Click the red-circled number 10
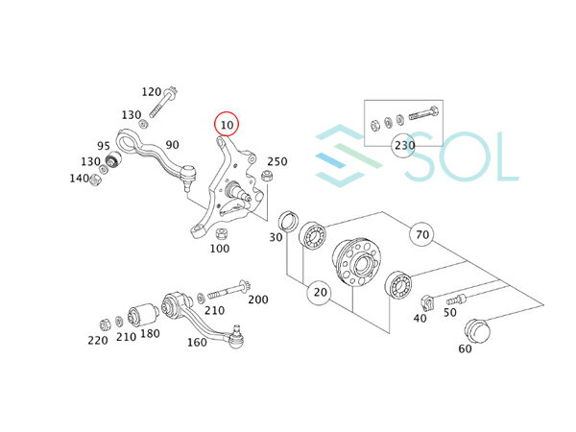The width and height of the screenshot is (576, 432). [227, 124]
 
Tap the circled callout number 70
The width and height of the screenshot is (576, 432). [422, 234]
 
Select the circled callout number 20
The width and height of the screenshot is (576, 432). [320, 292]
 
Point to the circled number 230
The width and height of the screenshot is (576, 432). [404, 145]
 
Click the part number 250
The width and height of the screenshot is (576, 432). [277, 161]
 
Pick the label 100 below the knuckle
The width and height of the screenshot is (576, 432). [220, 249]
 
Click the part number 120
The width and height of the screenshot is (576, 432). [152, 91]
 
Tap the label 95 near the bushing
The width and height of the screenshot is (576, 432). [104, 146]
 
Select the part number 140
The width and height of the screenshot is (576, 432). [80, 179]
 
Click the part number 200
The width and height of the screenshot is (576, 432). [258, 300]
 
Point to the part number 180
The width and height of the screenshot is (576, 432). [150, 333]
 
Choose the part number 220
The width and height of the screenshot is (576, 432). [98, 340]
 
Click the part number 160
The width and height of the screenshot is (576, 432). [197, 343]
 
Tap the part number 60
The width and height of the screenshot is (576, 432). [465, 348]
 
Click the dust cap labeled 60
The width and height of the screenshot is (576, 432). [477, 330]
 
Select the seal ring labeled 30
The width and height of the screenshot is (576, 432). [289, 222]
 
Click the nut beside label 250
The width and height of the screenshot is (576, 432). [267, 176]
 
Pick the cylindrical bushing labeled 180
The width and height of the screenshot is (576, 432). [143, 315]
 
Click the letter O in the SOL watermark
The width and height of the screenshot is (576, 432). [464, 156]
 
